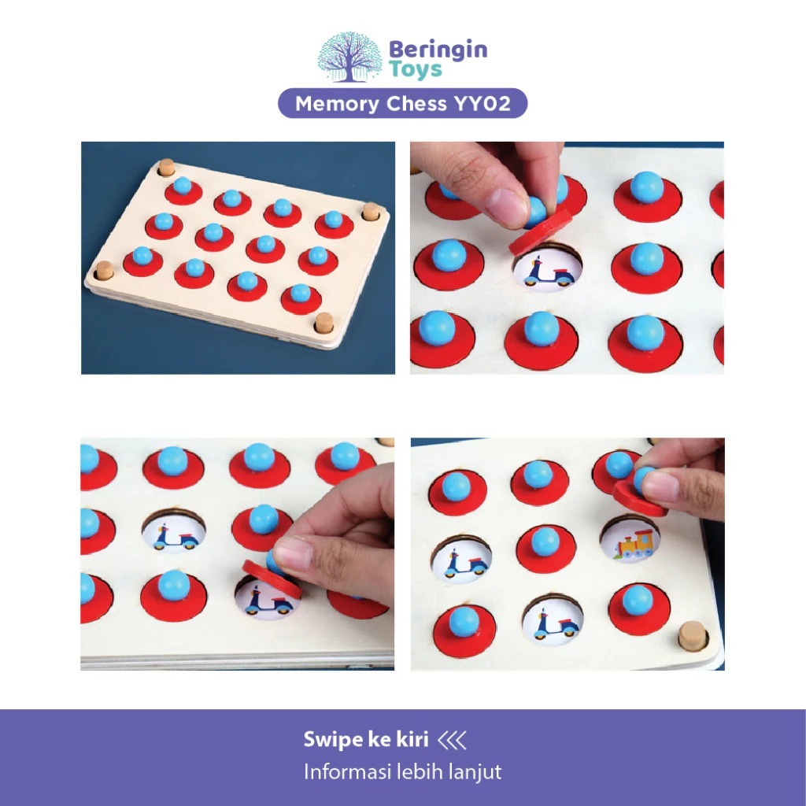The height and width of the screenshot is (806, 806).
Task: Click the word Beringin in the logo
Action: [438, 50]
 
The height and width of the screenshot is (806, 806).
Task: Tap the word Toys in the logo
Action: [416, 69]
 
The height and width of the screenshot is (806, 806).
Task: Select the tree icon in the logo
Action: [349, 57]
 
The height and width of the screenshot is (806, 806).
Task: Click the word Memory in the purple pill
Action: [337, 104]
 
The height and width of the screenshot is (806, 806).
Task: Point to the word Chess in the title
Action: [416, 104]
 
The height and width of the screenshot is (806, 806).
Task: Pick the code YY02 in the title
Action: [482, 104]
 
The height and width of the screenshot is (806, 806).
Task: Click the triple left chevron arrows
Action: [452, 740]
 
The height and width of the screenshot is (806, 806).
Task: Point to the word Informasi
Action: [343, 771]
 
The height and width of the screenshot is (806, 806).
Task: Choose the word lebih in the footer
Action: [415, 771]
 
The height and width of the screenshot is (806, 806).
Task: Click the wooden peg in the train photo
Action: [692, 635]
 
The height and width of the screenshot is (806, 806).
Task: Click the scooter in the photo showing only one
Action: [548, 272]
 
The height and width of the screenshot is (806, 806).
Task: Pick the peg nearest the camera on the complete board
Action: [324, 323]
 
